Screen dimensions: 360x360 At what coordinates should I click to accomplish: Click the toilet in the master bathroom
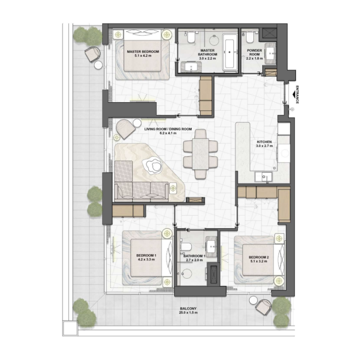tap(191, 36)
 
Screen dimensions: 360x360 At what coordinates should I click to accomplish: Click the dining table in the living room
tap(200, 153)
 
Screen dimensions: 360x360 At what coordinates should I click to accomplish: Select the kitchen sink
tap(262, 177)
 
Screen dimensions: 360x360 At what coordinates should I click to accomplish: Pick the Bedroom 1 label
tap(146, 257)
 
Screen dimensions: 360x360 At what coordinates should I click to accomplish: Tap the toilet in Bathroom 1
tap(186, 247)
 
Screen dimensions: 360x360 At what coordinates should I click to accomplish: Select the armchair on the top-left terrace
tap(92, 54)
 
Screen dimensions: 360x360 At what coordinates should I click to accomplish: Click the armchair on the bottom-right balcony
tap(263, 307)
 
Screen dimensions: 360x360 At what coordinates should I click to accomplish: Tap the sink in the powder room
tap(271, 53)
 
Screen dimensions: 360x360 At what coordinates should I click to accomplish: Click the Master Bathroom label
tap(208, 54)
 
